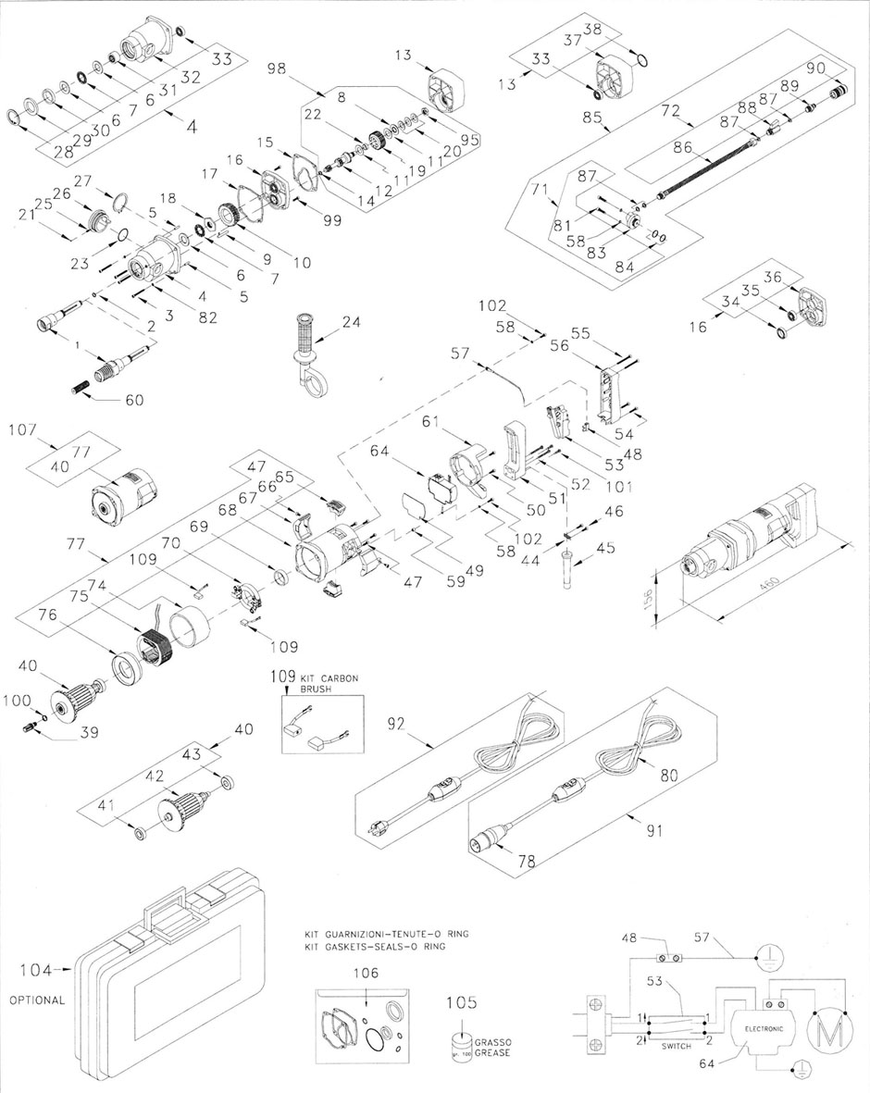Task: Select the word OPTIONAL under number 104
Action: (x=37, y=1000)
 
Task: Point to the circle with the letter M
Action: (x=826, y=1028)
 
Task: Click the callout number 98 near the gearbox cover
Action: (x=282, y=68)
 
